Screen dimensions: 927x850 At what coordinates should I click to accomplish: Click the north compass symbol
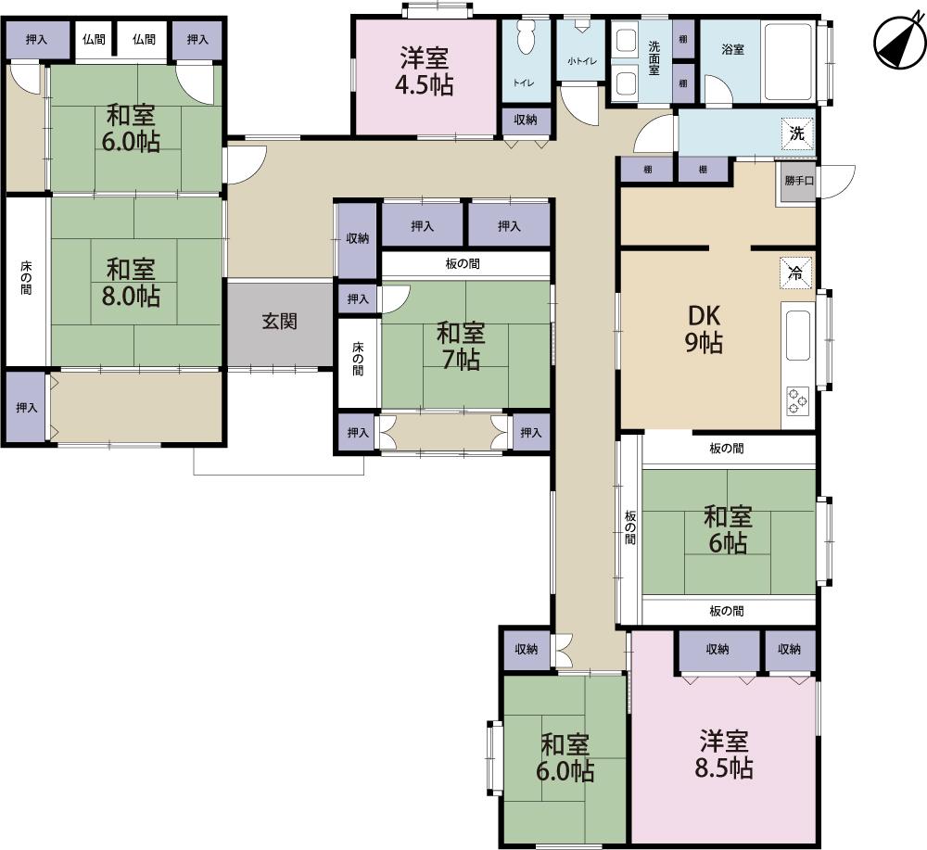[899, 42]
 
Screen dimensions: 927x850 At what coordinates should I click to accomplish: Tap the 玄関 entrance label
[279, 322]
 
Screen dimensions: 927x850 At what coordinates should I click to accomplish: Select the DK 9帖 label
[705, 329]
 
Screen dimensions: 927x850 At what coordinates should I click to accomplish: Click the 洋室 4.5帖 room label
[424, 71]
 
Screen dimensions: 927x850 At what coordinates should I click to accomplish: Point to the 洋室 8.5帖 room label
[724, 755]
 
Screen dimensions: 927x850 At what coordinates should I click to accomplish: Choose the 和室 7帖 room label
[461, 347]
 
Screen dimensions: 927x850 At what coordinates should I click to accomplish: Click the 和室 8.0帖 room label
[131, 283]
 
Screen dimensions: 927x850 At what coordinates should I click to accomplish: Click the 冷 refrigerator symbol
[795, 273]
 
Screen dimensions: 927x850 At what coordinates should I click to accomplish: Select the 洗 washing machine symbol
[797, 133]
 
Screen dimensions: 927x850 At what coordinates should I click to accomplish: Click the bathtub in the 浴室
[789, 62]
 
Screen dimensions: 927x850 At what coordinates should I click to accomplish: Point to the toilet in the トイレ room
[524, 37]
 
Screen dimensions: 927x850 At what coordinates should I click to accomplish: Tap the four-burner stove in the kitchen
[797, 400]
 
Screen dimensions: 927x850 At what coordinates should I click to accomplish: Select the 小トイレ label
[582, 61]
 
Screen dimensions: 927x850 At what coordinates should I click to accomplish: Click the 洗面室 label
[654, 57]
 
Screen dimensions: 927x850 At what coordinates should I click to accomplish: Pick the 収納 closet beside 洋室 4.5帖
[526, 121]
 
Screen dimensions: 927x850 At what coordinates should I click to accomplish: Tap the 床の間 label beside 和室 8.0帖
[26, 277]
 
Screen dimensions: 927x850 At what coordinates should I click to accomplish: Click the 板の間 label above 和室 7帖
[463, 263]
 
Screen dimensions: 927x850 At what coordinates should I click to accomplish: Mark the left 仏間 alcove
[94, 40]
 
